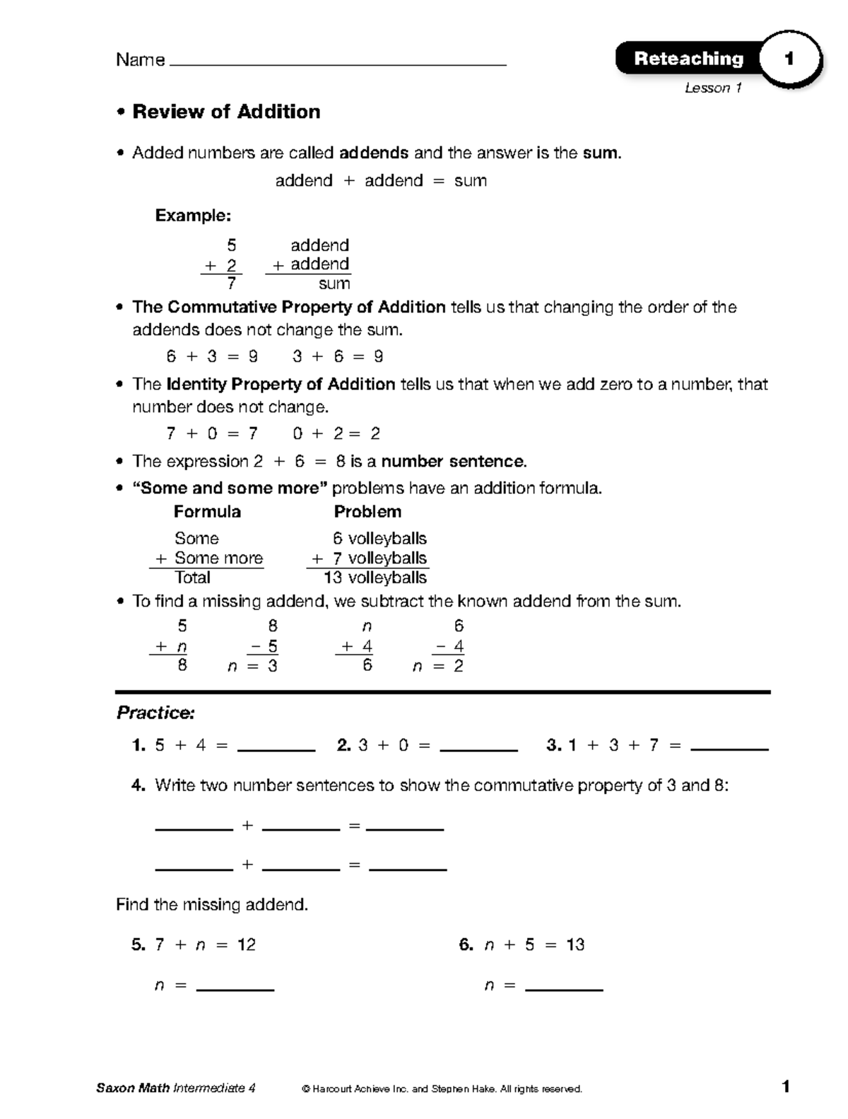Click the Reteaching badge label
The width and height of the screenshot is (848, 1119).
pyautogui.click(x=688, y=59)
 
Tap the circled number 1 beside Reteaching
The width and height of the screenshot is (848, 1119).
pyautogui.click(x=789, y=59)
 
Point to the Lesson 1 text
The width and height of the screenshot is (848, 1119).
pyautogui.click(x=712, y=88)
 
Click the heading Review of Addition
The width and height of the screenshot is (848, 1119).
pyautogui.click(x=226, y=112)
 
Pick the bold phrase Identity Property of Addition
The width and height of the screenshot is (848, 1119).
pyautogui.click(x=281, y=385)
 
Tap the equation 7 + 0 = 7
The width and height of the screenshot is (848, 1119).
pyautogui.click(x=212, y=433)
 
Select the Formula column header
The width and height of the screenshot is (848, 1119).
pyautogui.click(x=207, y=512)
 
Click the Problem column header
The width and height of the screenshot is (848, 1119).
pyautogui.click(x=367, y=512)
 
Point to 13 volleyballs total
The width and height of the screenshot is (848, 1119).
pyautogui.click(x=375, y=578)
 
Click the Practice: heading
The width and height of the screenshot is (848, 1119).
pyautogui.click(x=155, y=713)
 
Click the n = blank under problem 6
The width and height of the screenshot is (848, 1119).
pyautogui.click(x=564, y=988)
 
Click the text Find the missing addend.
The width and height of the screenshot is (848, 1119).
pyautogui.click(x=212, y=905)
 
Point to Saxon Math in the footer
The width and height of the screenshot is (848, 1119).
pyautogui.click(x=133, y=1089)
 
